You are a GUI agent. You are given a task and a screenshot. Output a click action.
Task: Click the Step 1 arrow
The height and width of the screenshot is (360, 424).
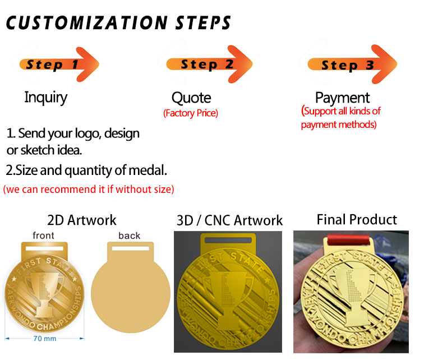tap(59, 64)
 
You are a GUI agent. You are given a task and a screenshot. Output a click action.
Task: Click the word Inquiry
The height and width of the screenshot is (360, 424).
tap(45, 97)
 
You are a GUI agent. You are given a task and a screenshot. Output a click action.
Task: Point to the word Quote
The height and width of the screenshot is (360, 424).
tap(191, 98)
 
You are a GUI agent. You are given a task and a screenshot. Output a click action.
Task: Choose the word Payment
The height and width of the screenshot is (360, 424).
tap(342, 98)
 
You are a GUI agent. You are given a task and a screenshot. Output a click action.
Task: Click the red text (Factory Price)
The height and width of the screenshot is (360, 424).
tap(191, 113)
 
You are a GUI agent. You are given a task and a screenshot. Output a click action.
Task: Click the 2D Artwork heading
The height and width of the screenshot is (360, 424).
tap(82, 220)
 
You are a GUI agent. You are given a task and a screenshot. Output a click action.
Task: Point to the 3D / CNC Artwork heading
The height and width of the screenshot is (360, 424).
tap(230, 220)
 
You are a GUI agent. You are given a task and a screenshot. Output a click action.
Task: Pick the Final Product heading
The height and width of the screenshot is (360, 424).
tap(357, 219)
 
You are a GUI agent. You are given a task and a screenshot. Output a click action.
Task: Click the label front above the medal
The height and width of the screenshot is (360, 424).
tap(44, 236)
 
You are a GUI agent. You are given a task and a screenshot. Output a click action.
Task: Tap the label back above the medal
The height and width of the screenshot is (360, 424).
tap(130, 236)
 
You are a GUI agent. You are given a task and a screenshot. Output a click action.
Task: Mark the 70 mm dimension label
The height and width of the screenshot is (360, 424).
tap(44, 339)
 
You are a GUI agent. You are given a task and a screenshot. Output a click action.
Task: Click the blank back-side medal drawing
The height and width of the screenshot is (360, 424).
tap(130, 292)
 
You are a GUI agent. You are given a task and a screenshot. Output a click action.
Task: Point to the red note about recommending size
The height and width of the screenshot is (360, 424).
tap(89, 190)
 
